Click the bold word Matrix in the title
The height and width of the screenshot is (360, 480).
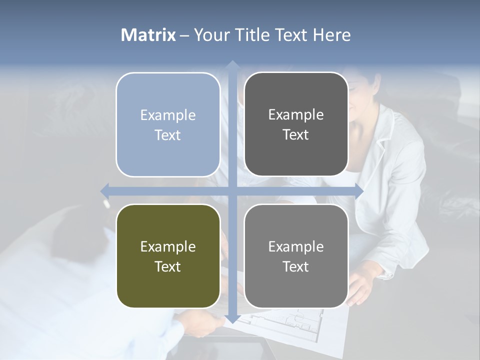(148, 35)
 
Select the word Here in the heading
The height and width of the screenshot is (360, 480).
(331, 35)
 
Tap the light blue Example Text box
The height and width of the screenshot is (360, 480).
(168, 124)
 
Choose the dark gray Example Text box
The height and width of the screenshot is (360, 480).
(296, 124)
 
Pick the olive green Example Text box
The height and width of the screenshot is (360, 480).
(168, 256)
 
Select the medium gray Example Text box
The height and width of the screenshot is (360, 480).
(296, 256)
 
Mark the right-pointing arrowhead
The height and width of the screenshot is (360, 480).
(358, 191)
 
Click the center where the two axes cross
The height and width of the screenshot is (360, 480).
(232, 191)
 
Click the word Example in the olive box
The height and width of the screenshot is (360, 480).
(168, 246)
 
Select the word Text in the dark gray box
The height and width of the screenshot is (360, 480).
(296, 134)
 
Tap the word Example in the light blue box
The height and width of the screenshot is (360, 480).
(168, 115)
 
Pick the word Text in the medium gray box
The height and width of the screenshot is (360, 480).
(296, 266)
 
